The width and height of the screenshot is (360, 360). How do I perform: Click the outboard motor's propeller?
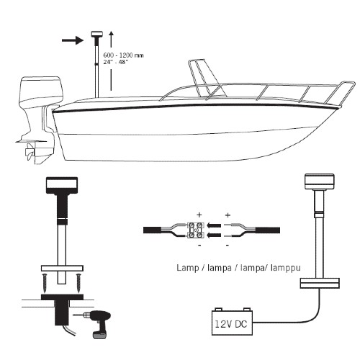coord(30,152)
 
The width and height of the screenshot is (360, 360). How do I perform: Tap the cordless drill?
coord(99,323)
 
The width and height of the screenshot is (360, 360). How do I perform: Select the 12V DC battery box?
coord(232,322)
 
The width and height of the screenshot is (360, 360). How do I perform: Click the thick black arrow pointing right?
coord(73,40)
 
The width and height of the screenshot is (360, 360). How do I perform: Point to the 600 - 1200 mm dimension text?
coord(123,55)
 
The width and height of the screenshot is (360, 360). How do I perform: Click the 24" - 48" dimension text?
coord(115,62)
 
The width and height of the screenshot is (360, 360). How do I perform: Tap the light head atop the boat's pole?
coord(97,34)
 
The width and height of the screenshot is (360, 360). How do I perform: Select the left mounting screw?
coord(45,282)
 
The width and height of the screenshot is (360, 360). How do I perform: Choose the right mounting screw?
coord(78,282)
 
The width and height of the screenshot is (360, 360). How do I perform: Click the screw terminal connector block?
coord(196,230)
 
